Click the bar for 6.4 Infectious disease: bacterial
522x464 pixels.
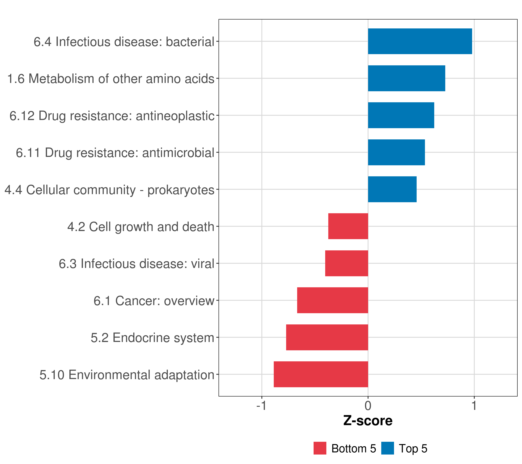[x=420, y=41]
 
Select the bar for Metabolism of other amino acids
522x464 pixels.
[x=406, y=78]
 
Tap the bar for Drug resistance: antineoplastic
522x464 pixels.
[x=401, y=115]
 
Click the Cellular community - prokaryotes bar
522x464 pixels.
[x=392, y=189]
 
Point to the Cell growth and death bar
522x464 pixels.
[x=348, y=226]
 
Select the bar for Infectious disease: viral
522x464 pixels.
[x=347, y=263]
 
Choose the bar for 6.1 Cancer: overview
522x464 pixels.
[x=333, y=300]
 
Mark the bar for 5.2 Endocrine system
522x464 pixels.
[x=327, y=337]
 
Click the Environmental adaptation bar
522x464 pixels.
[x=321, y=374]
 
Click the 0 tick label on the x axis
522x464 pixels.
[x=368, y=406]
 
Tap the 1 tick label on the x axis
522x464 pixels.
[x=474, y=406]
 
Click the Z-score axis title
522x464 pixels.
[x=368, y=421]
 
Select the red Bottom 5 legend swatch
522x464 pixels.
[x=320, y=448]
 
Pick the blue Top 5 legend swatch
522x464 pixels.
[x=387, y=448]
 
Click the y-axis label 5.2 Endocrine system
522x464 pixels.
[x=153, y=338]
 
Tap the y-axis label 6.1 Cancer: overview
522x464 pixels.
[x=154, y=301]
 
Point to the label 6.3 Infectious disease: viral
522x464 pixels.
[x=136, y=264]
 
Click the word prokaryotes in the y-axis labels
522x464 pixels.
[x=181, y=190]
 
